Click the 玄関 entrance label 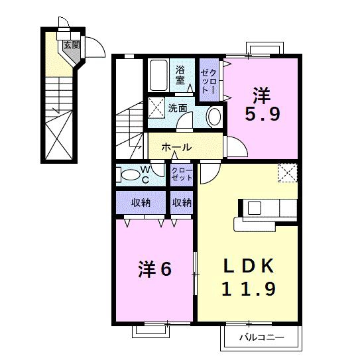click(72, 45)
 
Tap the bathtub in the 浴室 click(158, 76)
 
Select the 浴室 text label click(180, 75)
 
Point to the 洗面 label click(178, 108)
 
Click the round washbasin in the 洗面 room click(215, 117)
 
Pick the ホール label click(176, 147)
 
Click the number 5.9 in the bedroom click(263, 114)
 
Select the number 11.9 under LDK click(249, 289)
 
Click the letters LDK click(249, 266)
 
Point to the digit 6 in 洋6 click(166, 269)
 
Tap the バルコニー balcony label click(262, 337)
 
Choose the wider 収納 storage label click(141, 202)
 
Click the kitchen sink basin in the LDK click(255, 208)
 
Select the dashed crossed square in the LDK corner click(288, 172)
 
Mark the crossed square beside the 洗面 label click(156, 107)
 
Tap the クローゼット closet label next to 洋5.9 click(209, 80)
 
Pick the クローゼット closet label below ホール click(182, 174)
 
